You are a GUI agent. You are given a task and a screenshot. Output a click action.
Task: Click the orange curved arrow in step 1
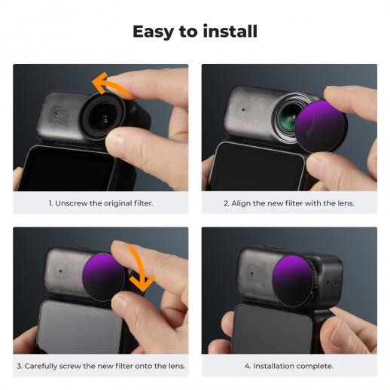[111, 84]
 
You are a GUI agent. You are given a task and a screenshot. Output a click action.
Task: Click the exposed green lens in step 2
[288, 116]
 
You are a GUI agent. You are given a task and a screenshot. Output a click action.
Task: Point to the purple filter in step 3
[103, 277]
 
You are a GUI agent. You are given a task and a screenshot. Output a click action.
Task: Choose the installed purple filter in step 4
[293, 281]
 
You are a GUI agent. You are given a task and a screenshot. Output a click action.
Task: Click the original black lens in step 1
[103, 117]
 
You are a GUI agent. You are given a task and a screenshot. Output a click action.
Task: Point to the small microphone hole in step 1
[56, 114]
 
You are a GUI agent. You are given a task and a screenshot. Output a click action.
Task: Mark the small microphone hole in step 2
[243, 110]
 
